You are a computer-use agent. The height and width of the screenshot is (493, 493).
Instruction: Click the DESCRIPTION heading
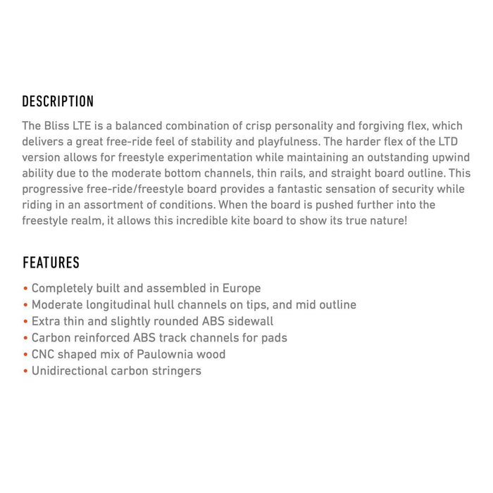click(x=58, y=101)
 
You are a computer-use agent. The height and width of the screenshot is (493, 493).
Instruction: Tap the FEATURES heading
click(x=51, y=263)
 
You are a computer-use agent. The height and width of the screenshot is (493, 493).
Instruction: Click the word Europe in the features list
click(x=241, y=288)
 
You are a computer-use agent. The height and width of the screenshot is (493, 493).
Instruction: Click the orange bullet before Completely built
click(x=25, y=289)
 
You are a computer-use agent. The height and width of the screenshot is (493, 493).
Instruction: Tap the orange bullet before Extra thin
click(x=25, y=322)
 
